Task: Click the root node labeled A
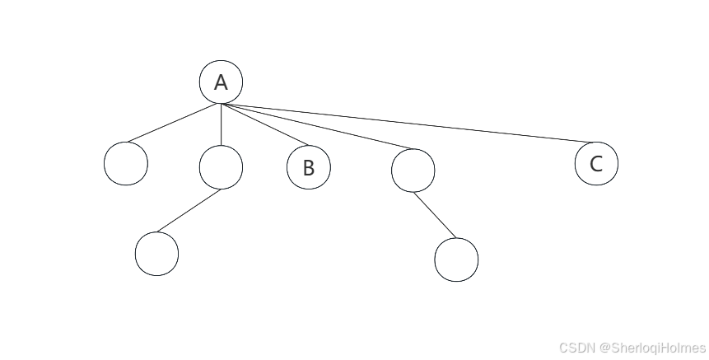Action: [221, 82]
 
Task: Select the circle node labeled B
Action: [308, 167]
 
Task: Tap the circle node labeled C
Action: [596, 163]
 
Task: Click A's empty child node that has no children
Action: [126, 163]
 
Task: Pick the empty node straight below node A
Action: [221, 167]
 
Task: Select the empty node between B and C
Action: [413, 171]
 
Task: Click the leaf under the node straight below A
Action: [156, 254]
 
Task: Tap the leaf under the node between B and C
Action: [456, 259]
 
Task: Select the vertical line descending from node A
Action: [221, 125]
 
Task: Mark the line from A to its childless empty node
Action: [177, 124]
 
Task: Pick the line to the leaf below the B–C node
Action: [433, 215]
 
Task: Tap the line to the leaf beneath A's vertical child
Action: [189, 211]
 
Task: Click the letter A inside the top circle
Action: [221, 82]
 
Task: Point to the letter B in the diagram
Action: [308, 168]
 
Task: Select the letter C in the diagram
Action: [596, 163]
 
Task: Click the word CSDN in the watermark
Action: [577, 348]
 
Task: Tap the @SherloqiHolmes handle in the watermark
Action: [652, 348]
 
